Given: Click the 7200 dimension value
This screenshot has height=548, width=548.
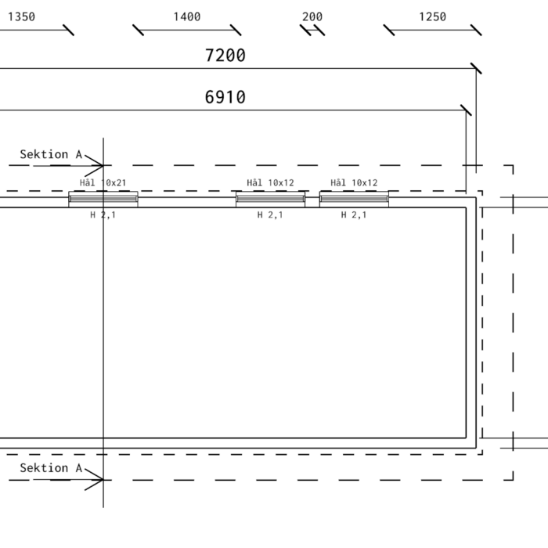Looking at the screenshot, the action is tap(225, 56).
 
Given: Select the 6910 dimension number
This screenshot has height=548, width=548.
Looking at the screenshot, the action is tap(225, 97).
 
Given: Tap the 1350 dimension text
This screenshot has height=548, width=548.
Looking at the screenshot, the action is tap(21, 16).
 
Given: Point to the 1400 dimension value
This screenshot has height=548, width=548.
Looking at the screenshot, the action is tap(187, 16).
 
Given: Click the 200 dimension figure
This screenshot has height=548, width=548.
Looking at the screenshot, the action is tap(312, 16).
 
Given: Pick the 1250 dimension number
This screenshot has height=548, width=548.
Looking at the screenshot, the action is tap(433, 16).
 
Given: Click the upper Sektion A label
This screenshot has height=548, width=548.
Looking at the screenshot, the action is tap(51, 154).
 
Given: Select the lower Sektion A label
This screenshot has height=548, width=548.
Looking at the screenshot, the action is tap(51, 467).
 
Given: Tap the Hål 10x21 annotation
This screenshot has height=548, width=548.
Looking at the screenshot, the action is tap(103, 182).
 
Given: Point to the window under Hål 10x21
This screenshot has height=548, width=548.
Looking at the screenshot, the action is tap(103, 199).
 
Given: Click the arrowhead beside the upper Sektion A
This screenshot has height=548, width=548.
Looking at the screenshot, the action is tap(95, 165).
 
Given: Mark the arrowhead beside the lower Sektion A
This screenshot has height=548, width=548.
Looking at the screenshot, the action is tap(95, 479).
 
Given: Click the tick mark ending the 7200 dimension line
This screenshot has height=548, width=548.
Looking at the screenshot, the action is tap(476, 69).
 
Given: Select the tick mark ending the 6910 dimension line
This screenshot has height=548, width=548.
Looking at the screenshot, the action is tap(466, 110).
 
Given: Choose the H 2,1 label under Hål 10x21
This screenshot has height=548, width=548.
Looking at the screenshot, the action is tap(103, 215).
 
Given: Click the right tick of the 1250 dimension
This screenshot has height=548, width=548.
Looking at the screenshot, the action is tap(476, 30).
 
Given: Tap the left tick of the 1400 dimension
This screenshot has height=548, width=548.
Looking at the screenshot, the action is tap(138, 30).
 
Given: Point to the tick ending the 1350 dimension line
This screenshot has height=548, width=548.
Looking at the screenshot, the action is tap(69, 30).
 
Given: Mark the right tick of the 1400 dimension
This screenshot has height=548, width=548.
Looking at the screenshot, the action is tap(236, 30).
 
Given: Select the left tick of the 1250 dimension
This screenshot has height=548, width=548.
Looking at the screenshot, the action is tap(388, 30).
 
